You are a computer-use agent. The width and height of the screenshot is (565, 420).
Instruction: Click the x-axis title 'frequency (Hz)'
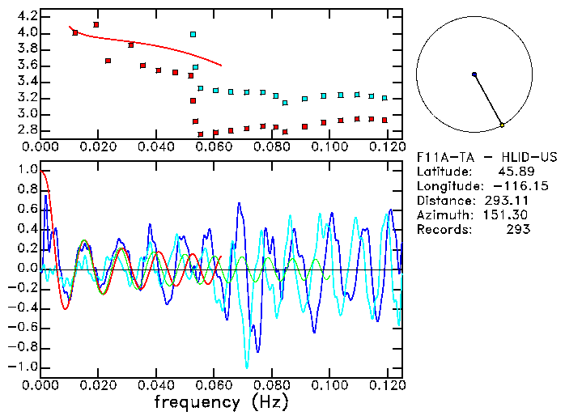click(220, 402)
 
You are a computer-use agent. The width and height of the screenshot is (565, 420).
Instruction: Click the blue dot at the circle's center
click(474, 74)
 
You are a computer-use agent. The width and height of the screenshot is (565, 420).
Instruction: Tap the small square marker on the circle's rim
click(502, 125)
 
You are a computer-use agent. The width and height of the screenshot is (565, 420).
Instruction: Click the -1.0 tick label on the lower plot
click(24, 367)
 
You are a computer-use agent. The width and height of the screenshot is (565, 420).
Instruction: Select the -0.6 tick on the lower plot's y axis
click(24, 328)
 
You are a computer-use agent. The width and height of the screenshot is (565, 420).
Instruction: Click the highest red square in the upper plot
click(96, 25)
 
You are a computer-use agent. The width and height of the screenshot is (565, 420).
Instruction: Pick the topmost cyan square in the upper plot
click(193, 34)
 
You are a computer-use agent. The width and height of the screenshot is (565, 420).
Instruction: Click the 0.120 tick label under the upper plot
click(386, 146)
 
